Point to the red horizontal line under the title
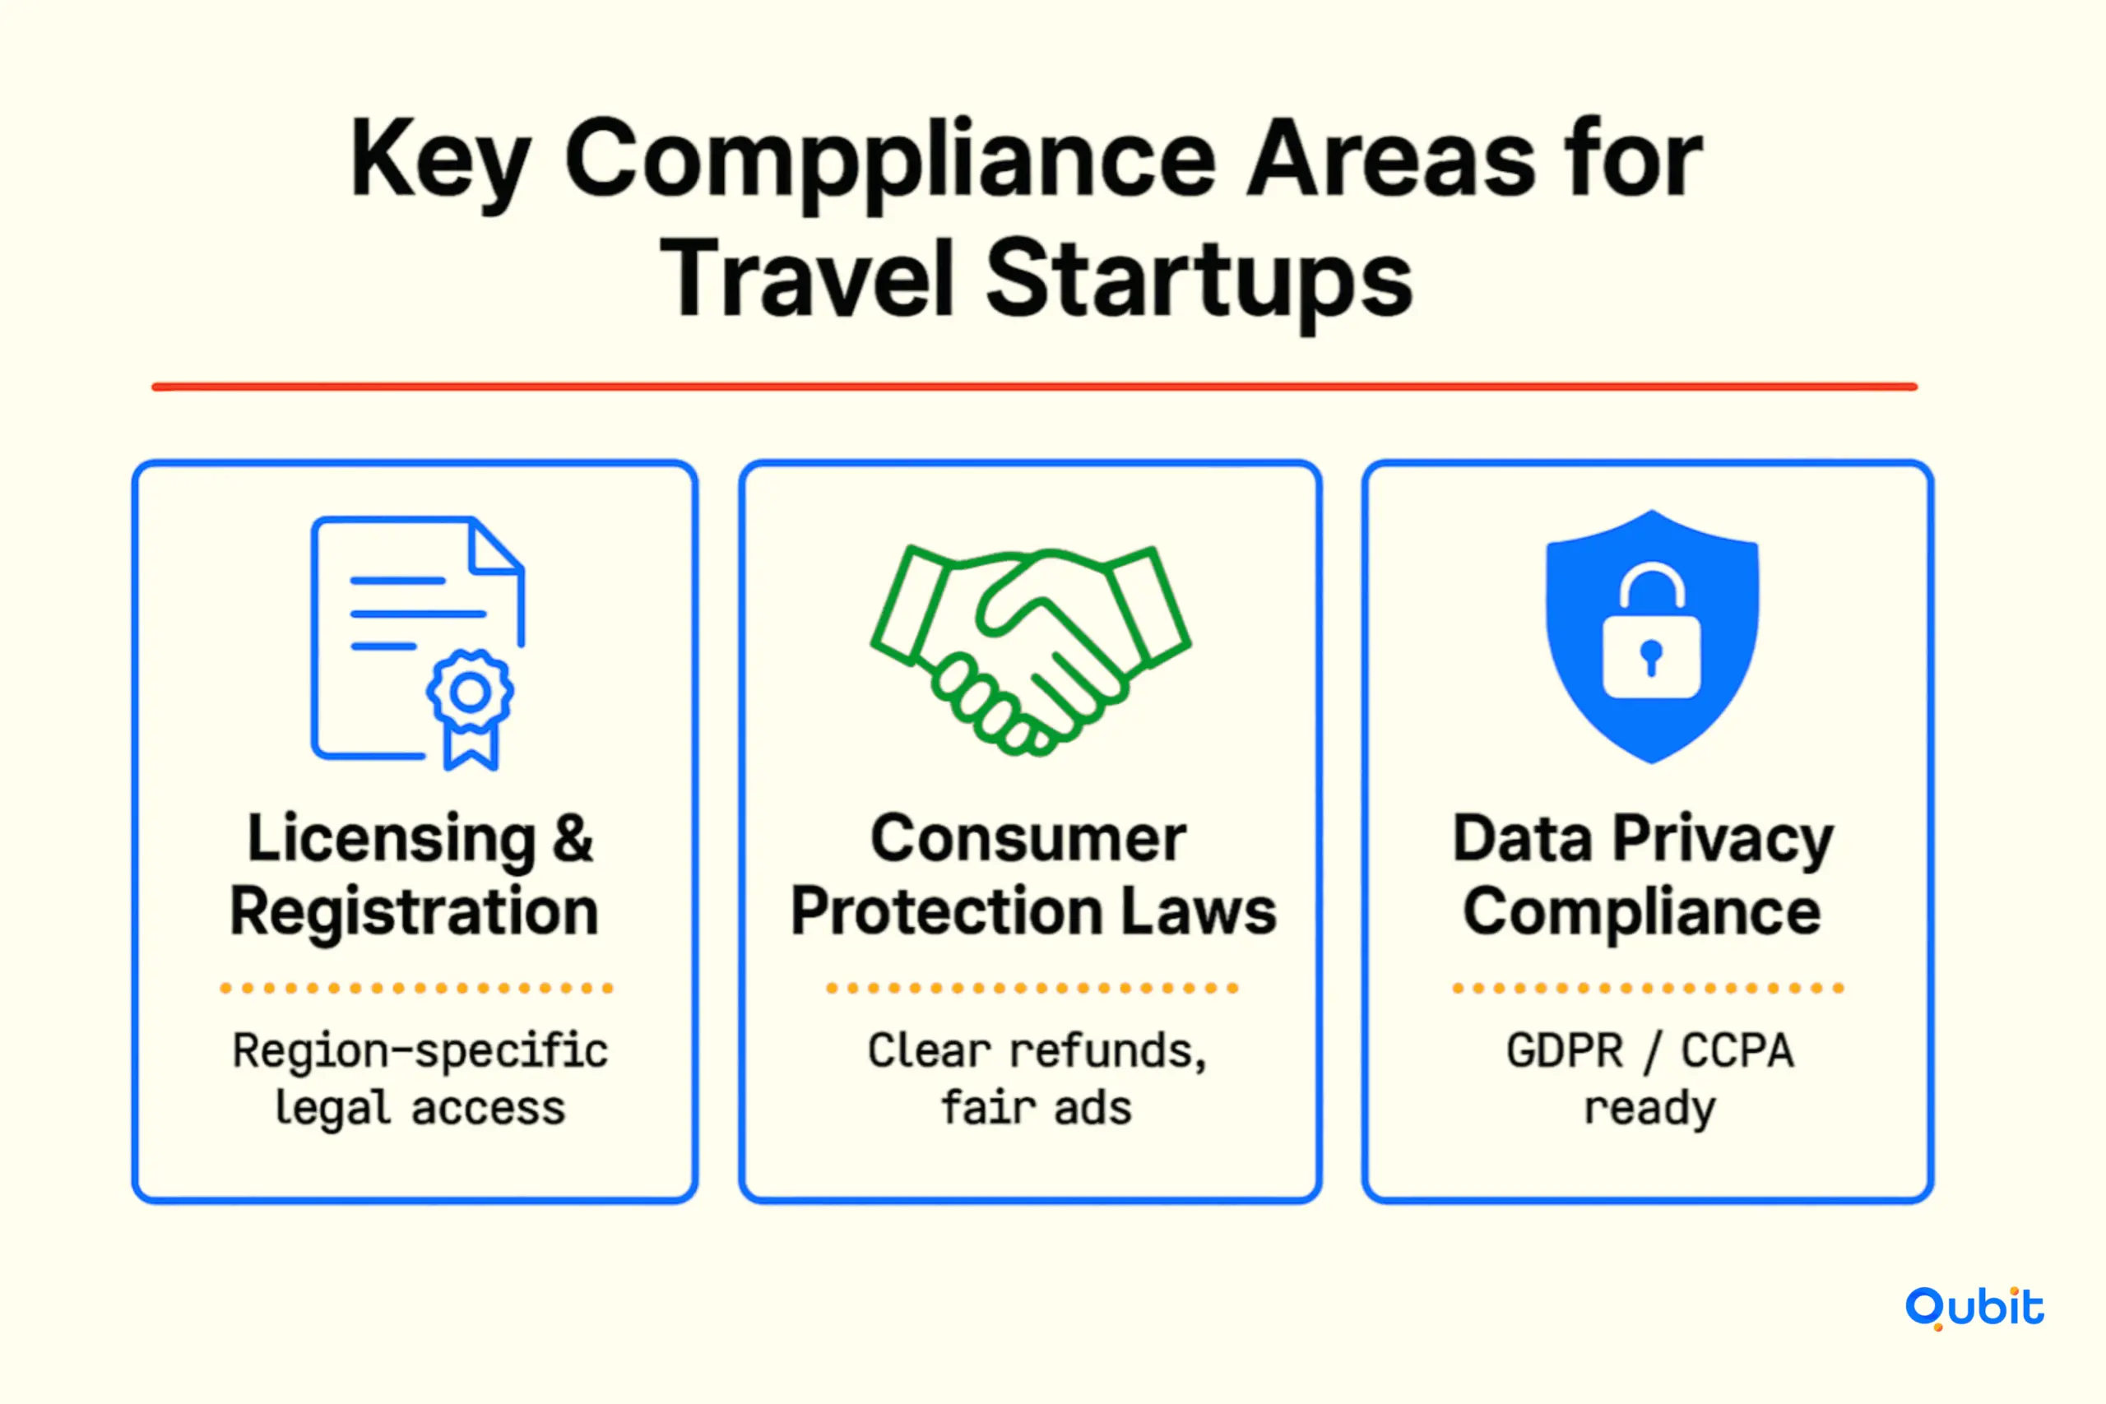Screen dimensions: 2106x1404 pyautogui.click(x=1034, y=387)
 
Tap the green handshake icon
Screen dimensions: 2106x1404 pyautogui.click(x=1031, y=650)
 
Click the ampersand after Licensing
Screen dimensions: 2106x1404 pyautogui.click(x=571, y=839)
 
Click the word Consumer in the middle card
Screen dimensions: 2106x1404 pyautogui.click(x=1029, y=839)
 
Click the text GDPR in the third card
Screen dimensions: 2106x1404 pyautogui.click(x=1564, y=1050)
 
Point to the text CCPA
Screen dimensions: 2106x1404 pyautogui.click(x=1737, y=1050)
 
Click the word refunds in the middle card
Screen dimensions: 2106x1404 pyautogui.click(x=1108, y=1050)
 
